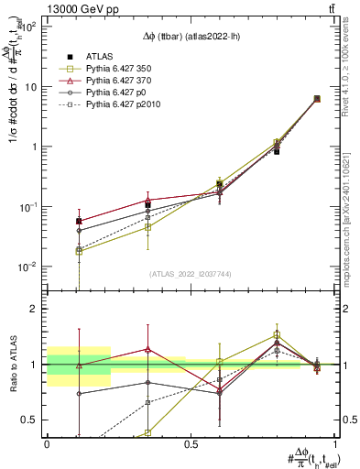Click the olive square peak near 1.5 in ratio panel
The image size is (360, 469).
[278, 334]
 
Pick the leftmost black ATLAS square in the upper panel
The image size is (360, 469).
[80, 221]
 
